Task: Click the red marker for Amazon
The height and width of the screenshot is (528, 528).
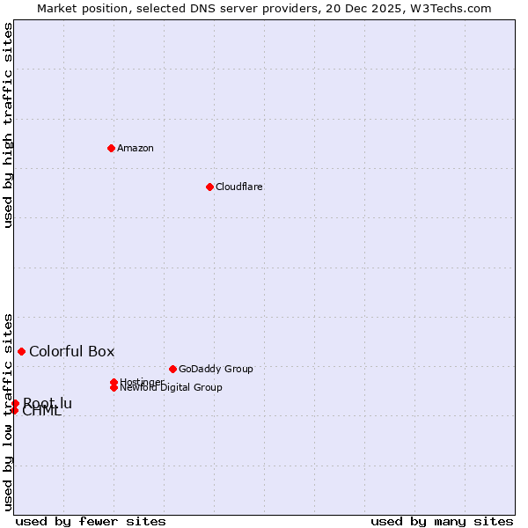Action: (x=111, y=148)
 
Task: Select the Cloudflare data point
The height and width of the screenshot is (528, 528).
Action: (x=209, y=187)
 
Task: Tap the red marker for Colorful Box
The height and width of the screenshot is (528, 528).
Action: (x=21, y=351)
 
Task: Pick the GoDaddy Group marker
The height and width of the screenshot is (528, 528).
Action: (x=172, y=369)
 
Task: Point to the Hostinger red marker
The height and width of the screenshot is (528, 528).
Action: (x=114, y=382)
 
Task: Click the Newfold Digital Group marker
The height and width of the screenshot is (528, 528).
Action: (x=114, y=387)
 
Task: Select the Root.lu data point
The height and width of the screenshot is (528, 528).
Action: (x=15, y=403)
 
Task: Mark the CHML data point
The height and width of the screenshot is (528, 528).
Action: (x=14, y=410)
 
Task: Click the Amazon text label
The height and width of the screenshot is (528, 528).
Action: (x=136, y=148)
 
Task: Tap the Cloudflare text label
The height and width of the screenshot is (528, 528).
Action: (x=239, y=187)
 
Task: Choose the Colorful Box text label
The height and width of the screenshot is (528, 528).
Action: (x=72, y=351)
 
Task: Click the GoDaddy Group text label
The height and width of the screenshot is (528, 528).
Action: (x=216, y=369)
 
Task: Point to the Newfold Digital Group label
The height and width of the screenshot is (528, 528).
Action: (x=171, y=387)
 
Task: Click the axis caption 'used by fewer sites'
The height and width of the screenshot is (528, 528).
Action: (x=91, y=522)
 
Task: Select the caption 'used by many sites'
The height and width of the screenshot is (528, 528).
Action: (x=442, y=522)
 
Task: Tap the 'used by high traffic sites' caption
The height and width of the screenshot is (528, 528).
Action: (x=8, y=125)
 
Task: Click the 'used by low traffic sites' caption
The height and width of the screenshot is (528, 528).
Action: (x=8, y=411)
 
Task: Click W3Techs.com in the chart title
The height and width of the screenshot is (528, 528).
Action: (x=448, y=8)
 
